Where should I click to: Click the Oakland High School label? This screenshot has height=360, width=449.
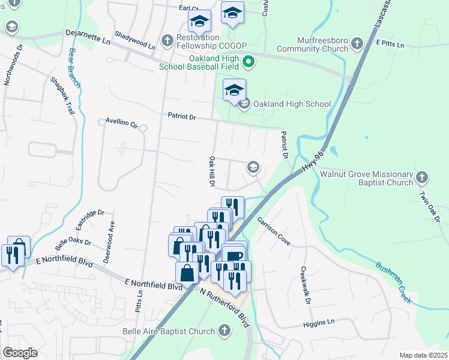click(292, 104)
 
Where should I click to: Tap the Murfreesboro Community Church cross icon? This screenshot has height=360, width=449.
click(357, 43)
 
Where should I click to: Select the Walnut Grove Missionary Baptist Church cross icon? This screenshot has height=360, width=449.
click(422, 177)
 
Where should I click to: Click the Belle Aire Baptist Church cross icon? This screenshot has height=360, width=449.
click(224, 331)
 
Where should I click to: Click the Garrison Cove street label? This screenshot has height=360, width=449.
click(274, 231)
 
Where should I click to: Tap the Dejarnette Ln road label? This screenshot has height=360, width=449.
click(89, 37)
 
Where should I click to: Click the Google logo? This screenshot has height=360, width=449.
click(20, 353)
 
